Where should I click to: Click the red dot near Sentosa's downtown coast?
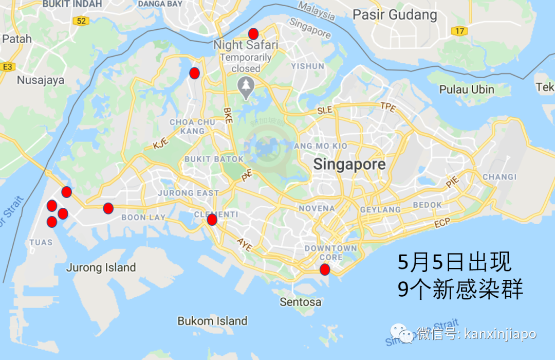324,269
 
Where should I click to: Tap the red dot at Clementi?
212,220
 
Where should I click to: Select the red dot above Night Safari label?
253,34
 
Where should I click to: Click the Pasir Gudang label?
395,15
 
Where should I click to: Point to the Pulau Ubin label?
467,89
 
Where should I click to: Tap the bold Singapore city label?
349,165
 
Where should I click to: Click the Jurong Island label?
101,267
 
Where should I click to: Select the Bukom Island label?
212,321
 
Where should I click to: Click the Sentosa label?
301,302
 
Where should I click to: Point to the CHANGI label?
499,177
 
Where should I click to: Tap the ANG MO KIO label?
320,146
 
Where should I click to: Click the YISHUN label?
308,66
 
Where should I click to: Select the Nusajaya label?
41,80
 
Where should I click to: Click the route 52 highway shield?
81,21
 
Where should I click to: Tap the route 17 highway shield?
459,31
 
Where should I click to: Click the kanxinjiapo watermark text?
499,334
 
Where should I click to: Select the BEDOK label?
427,205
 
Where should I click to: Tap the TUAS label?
41,242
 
